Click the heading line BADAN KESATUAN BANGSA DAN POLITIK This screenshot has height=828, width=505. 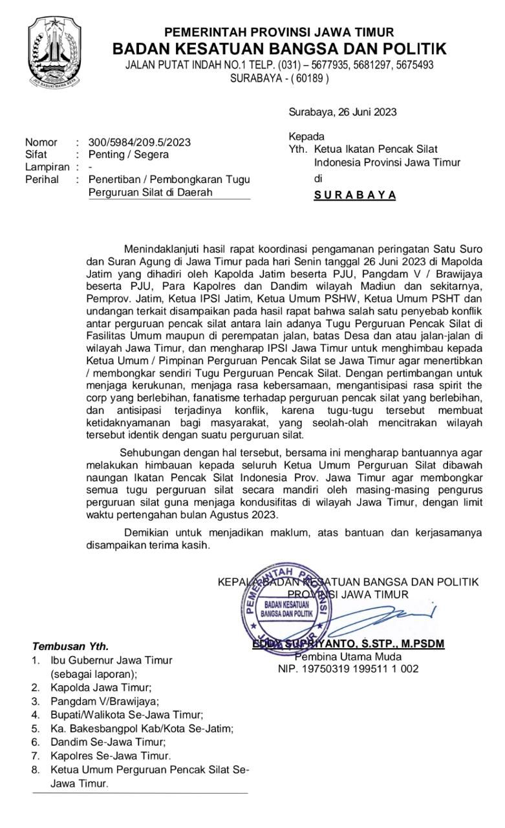279,49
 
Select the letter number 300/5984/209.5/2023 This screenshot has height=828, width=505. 139,142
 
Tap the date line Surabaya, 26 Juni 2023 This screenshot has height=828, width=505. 343,112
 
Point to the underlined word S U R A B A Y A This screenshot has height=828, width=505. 355,195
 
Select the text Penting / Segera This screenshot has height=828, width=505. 128,155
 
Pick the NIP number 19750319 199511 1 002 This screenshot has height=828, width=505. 348,669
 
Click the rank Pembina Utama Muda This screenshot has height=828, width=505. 348,657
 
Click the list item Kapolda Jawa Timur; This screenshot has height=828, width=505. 101,688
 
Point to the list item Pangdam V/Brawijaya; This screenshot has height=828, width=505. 104,701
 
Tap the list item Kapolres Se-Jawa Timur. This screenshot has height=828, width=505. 111,756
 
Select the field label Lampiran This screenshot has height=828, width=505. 47,167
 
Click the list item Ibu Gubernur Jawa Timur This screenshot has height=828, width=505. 111,660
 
